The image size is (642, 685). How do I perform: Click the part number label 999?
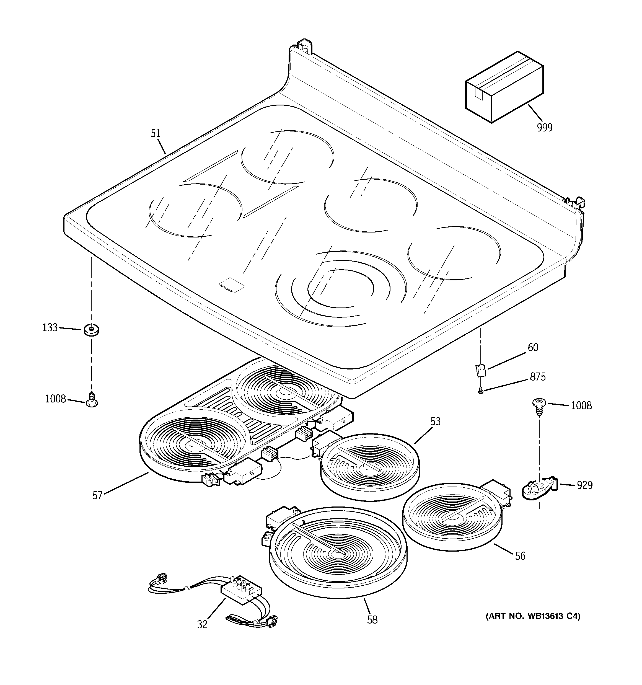click(545, 128)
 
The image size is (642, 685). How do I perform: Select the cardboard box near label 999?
click(504, 87)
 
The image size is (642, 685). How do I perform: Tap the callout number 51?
click(156, 133)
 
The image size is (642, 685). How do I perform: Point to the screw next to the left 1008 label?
click(92, 399)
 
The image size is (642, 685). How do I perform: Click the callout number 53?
click(436, 422)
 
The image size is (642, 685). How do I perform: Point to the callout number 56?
click(520, 556)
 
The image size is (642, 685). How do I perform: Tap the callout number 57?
click(97, 496)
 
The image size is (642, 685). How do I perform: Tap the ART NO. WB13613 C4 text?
click(533, 616)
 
